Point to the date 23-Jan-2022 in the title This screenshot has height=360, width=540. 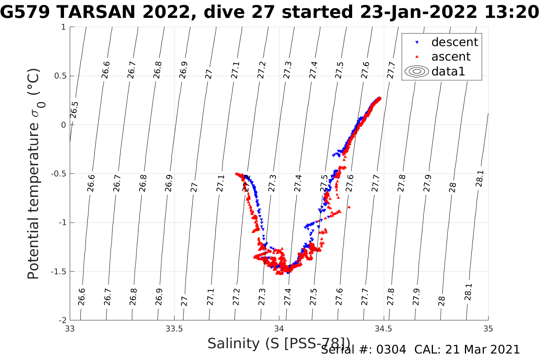click(x=417, y=13)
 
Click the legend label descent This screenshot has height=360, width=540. click(x=454, y=42)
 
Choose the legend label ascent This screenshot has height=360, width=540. click(x=451, y=57)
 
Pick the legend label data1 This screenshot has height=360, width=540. click(x=448, y=71)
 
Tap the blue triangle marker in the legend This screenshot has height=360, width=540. click(x=417, y=42)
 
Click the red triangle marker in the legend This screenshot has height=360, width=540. click(x=417, y=57)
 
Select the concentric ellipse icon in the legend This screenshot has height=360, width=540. click(x=417, y=71)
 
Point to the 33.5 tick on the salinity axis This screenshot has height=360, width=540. click(x=174, y=329)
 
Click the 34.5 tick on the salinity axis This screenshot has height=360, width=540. click(x=383, y=329)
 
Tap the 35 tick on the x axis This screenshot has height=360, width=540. click(x=488, y=329)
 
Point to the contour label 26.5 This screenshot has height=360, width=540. click(x=74, y=110)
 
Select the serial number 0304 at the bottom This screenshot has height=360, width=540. click(x=391, y=350)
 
